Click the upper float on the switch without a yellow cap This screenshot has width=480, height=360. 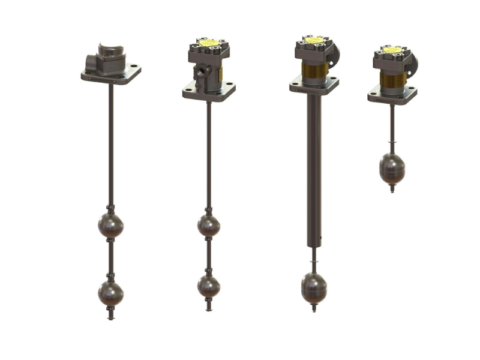tap(110, 223)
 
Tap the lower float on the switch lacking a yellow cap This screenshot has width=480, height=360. tap(110, 293)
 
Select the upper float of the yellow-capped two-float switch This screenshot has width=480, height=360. tap(208, 224)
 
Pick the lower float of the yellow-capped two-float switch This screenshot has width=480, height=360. tap(208, 287)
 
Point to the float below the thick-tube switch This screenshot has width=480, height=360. tap(312, 290)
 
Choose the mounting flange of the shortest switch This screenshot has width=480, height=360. tap(392, 97)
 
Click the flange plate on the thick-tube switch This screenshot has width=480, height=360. tap(312, 86)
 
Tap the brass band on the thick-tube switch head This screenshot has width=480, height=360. tap(312, 69)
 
